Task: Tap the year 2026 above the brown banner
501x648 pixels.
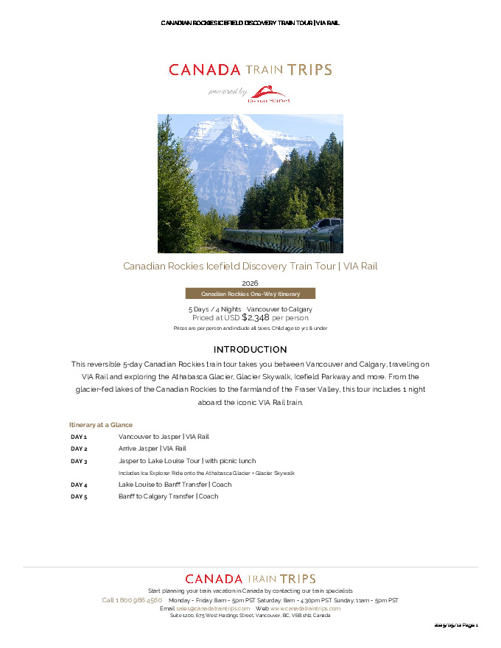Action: tap(251, 283)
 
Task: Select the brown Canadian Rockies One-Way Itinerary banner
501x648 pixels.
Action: tap(251, 293)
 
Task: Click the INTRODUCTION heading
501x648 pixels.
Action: tap(251, 349)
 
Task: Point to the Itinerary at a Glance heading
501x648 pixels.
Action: tap(101, 425)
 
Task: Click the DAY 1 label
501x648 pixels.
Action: tap(79, 437)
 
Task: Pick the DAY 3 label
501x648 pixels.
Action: tap(79, 461)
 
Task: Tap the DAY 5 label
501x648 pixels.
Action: tap(79, 497)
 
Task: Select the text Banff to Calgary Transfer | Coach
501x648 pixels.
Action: tap(169, 497)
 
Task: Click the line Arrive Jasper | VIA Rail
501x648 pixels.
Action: tap(153, 448)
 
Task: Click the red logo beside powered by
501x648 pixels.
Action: tap(270, 94)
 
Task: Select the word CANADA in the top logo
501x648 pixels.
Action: tap(205, 70)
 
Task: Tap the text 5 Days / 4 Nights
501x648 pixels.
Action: tap(215, 309)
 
